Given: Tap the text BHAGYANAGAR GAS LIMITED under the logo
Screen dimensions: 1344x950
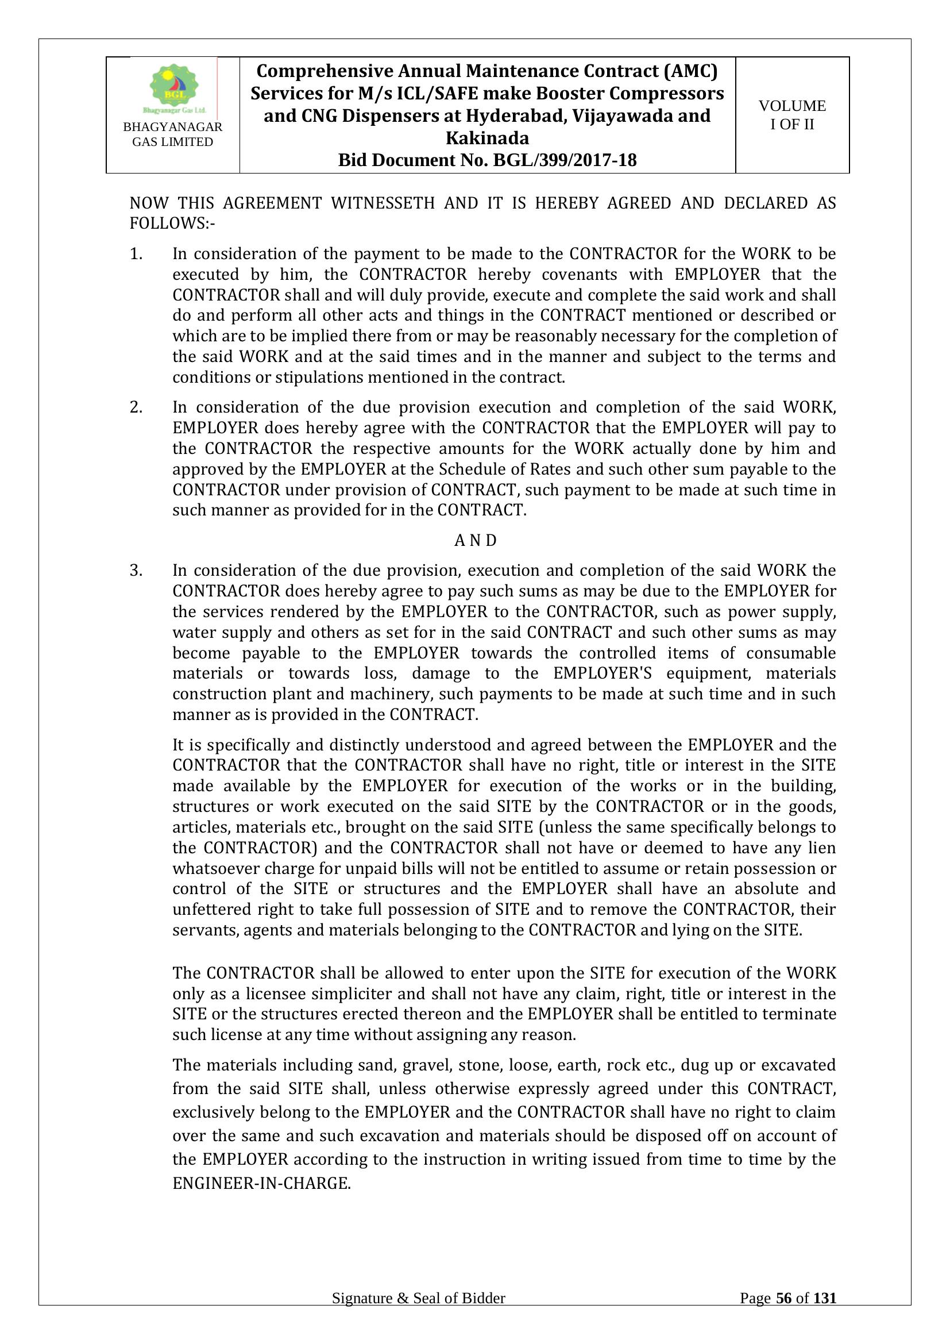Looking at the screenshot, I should click(x=172, y=134).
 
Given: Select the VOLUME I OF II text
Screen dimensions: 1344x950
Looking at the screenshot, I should click(x=792, y=115).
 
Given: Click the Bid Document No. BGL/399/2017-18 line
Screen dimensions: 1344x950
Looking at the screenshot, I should click(x=486, y=160).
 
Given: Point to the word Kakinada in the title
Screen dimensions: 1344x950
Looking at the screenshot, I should click(x=486, y=138).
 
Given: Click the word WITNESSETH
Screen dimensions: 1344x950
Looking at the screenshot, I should click(x=383, y=203).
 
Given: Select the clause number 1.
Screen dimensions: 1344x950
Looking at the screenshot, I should click(x=136, y=254).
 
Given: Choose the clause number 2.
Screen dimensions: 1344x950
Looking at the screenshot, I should click(x=136, y=407).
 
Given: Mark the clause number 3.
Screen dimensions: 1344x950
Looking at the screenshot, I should click(x=136, y=571).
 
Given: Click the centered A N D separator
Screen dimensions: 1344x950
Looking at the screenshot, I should click(x=475, y=540).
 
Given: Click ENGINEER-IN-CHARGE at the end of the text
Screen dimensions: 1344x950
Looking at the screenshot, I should click(x=261, y=1184).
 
